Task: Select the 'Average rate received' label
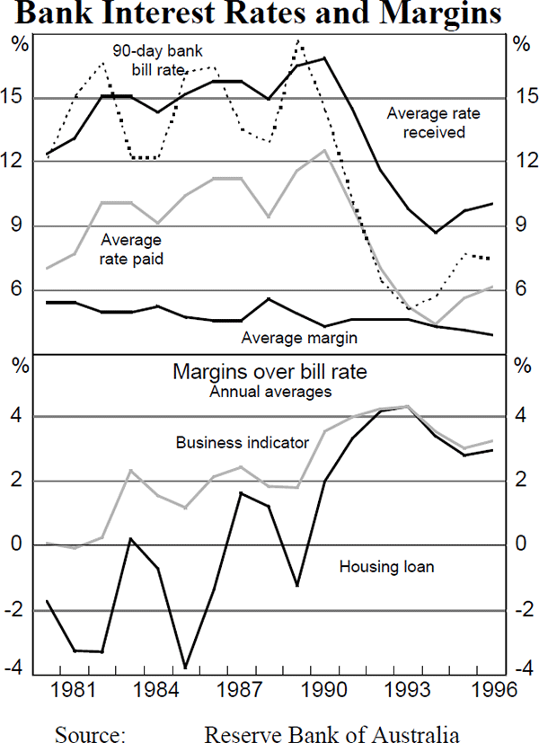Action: click(426, 122)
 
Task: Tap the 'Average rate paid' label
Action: click(131, 249)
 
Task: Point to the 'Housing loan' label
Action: click(386, 566)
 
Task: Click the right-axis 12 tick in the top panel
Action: click(521, 162)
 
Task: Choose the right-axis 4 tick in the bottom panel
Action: click(521, 417)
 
